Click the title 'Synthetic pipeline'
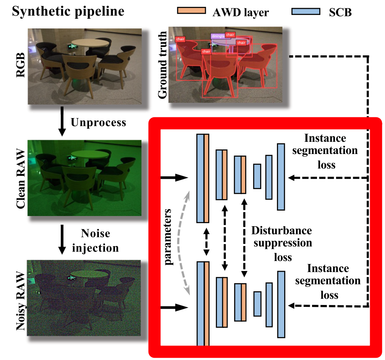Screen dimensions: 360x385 (x=68, y=11)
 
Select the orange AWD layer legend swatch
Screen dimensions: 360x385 (x=191, y=10)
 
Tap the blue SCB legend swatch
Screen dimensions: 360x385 (x=305, y=10)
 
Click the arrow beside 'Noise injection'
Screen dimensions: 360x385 (x=61, y=240)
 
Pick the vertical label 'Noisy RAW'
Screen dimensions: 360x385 (x=19, y=302)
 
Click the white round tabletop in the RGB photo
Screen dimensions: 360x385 (x=90, y=42)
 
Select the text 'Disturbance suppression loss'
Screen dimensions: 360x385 (x=281, y=243)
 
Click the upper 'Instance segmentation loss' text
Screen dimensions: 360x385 (x=326, y=151)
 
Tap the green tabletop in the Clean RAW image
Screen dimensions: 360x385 (x=90, y=154)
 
